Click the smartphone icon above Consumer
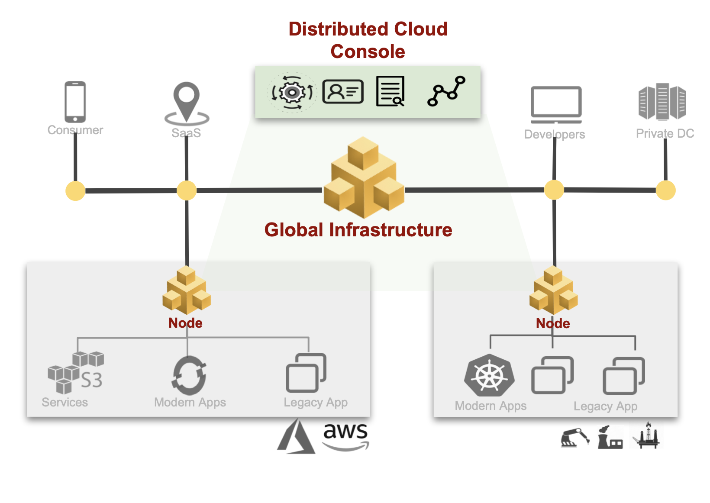tap(75, 102)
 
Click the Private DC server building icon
tap(662, 102)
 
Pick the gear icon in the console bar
tap(292, 92)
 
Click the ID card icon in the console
tap(343, 91)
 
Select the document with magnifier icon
tap(390, 91)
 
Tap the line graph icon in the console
tap(446, 91)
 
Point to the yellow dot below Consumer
tap(75, 191)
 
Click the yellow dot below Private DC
tap(665, 190)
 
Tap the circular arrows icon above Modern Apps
tap(189, 375)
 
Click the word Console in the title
tap(368, 52)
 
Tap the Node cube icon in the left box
tap(187, 290)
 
